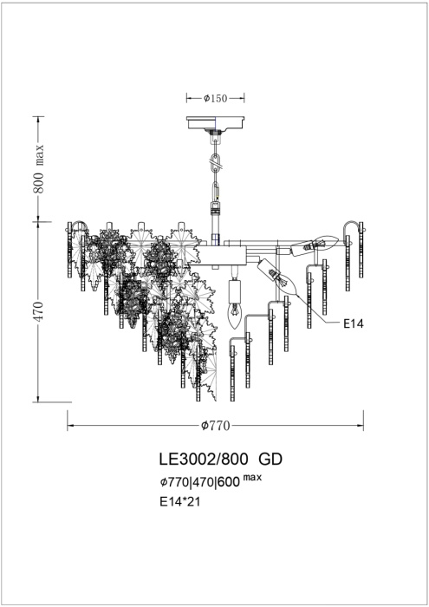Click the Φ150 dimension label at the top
point(215,99)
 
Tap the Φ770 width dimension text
point(215,426)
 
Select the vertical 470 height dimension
point(39,311)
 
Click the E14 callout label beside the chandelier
point(353,323)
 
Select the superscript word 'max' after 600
point(252,478)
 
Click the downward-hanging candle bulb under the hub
point(232,313)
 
